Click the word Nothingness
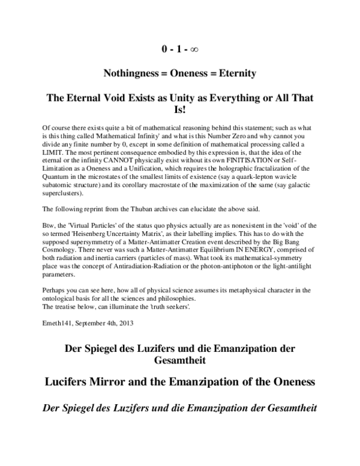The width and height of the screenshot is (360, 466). click(x=131, y=73)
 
